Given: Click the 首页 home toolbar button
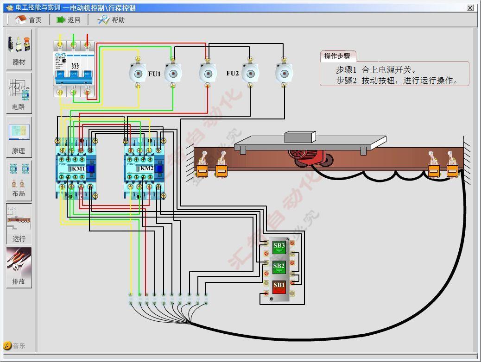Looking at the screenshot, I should (x=28, y=19).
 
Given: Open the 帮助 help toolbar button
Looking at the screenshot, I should (x=111, y=19).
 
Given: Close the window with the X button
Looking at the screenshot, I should (x=470, y=8).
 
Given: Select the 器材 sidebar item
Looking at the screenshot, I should (x=19, y=50).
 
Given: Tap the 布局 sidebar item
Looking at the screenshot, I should (x=19, y=181).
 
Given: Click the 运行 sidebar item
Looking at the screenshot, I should (x=19, y=224).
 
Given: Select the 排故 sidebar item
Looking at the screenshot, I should (x=19, y=268).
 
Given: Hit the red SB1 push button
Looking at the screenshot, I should (x=279, y=287).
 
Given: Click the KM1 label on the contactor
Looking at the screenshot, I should (x=78, y=169).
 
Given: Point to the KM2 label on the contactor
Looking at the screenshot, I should (x=146, y=169).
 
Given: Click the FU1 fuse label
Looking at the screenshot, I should (x=154, y=74).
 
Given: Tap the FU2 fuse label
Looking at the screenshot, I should (x=233, y=73).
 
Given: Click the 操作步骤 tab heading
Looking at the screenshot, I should (x=337, y=56).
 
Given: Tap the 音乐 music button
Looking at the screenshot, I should (x=14, y=346).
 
